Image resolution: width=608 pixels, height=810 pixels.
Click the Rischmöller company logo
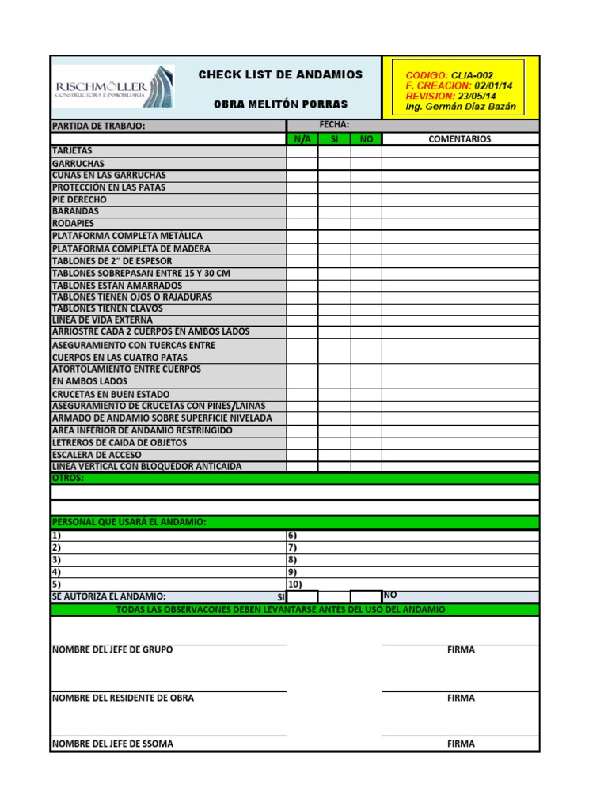[113, 86]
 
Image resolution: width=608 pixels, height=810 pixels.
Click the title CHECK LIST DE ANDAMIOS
[280, 74]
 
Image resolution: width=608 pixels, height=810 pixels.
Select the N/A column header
[302, 139]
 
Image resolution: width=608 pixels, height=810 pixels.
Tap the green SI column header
[334, 139]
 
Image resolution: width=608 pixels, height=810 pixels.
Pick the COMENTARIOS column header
[459, 139]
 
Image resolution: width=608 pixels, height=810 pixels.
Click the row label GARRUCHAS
[78, 163]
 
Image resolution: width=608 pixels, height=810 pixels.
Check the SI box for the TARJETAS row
[334, 151]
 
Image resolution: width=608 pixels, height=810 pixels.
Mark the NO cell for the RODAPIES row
[366, 224]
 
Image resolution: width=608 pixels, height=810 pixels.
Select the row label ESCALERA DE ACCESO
[97, 455]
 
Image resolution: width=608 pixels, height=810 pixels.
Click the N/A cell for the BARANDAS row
[302, 212]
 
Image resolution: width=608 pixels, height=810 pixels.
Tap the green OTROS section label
[67, 479]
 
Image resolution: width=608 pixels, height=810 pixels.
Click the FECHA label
[334, 125]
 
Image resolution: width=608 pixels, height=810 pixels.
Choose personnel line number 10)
[294, 584]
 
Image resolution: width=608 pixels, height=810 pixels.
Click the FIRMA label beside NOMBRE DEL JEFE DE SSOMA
[461, 744]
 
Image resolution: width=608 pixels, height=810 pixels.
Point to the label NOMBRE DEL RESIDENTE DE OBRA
[123, 698]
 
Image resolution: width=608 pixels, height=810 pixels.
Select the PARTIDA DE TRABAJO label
[99, 126]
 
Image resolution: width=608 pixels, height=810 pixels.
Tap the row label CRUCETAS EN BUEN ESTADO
[111, 394]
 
